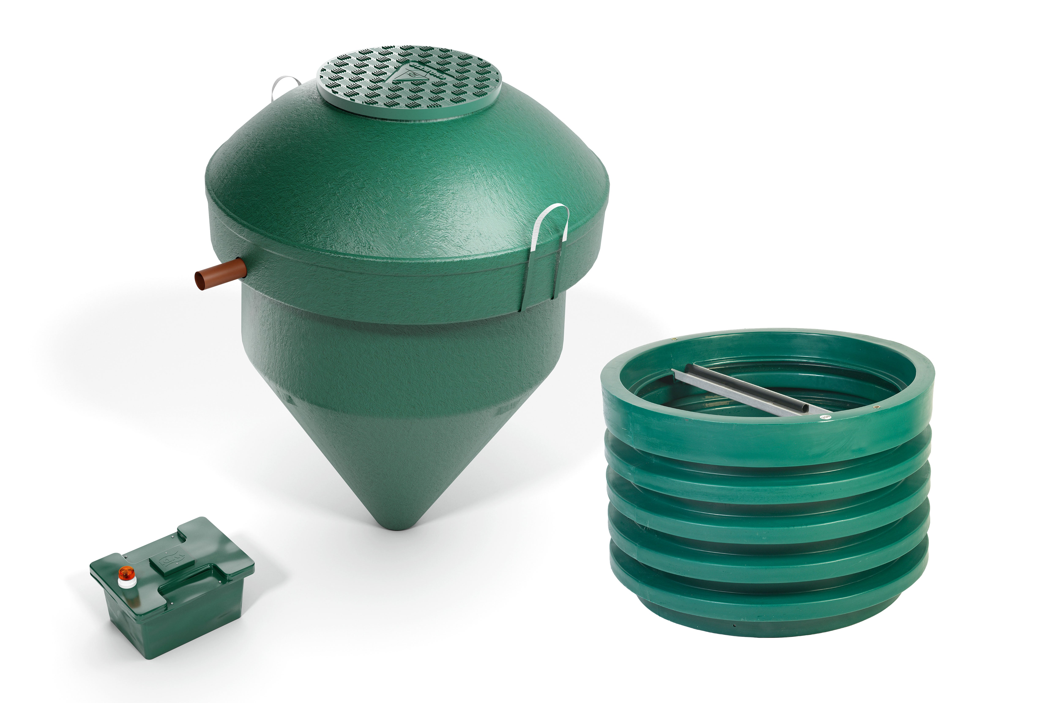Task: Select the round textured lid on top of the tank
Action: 408,81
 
